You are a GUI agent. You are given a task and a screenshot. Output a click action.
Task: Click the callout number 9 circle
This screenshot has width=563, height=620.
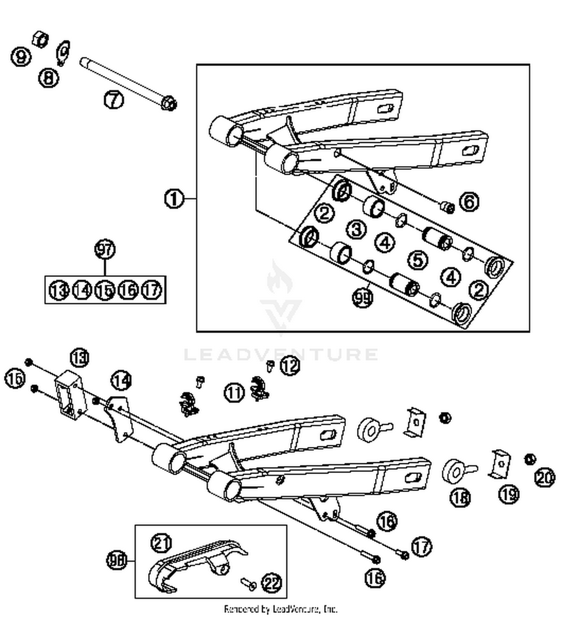point(21,57)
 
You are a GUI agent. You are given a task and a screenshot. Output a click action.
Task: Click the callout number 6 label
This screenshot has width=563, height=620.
point(469,202)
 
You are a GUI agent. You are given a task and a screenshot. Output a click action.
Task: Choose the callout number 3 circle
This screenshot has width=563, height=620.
point(356,229)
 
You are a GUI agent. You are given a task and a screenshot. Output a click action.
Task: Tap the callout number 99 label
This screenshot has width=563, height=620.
point(363,298)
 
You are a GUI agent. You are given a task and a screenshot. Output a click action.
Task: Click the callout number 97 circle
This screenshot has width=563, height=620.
point(105,249)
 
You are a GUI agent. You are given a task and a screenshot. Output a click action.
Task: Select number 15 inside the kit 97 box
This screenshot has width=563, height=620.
point(105,290)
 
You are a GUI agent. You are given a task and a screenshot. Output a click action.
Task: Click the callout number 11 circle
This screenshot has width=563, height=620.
point(234,393)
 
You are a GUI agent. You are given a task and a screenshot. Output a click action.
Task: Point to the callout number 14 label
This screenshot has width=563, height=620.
point(121,380)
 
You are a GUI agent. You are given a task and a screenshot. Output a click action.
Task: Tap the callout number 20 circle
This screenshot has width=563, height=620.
point(544,477)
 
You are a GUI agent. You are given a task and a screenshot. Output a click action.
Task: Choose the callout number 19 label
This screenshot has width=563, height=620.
point(509,494)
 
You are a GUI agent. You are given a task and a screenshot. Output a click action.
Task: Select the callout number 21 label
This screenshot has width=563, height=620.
point(161,543)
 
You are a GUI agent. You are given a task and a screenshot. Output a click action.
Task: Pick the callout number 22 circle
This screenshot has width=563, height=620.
point(271,582)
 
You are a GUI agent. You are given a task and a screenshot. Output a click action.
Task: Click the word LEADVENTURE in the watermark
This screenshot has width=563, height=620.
point(281,354)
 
